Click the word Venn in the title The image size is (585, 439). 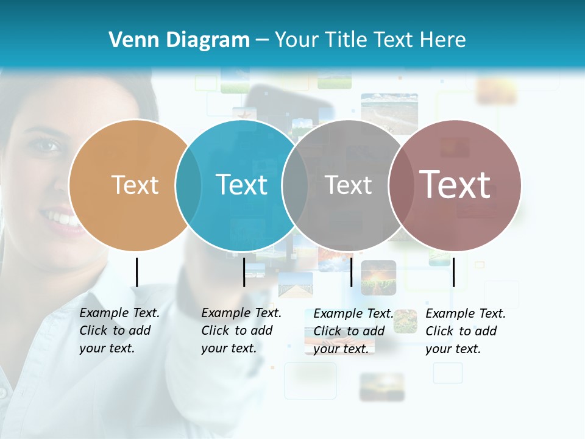pyautogui.click(x=130, y=40)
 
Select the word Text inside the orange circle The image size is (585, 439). pyautogui.click(x=135, y=185)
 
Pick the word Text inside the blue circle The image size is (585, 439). pyautogui.click(x=241, y=185)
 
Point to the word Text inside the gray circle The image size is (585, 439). pyautogui.click(x=348, y=185)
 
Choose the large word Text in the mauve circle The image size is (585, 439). pyautogui.click(x=455, y=185)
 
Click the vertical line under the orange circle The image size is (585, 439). pyautogui.click(x=136, y=272)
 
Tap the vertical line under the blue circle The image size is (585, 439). pyautogui.click(x=244, y=272)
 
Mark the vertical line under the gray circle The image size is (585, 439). pyautogui.click(x=351, y=272)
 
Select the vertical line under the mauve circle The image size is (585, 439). pyautogui.click(x=453, y=272)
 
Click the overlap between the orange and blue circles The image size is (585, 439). pyautogui.click(x=188, y=185)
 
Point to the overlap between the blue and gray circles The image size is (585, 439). pyautogui.click(x=295, y=185)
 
